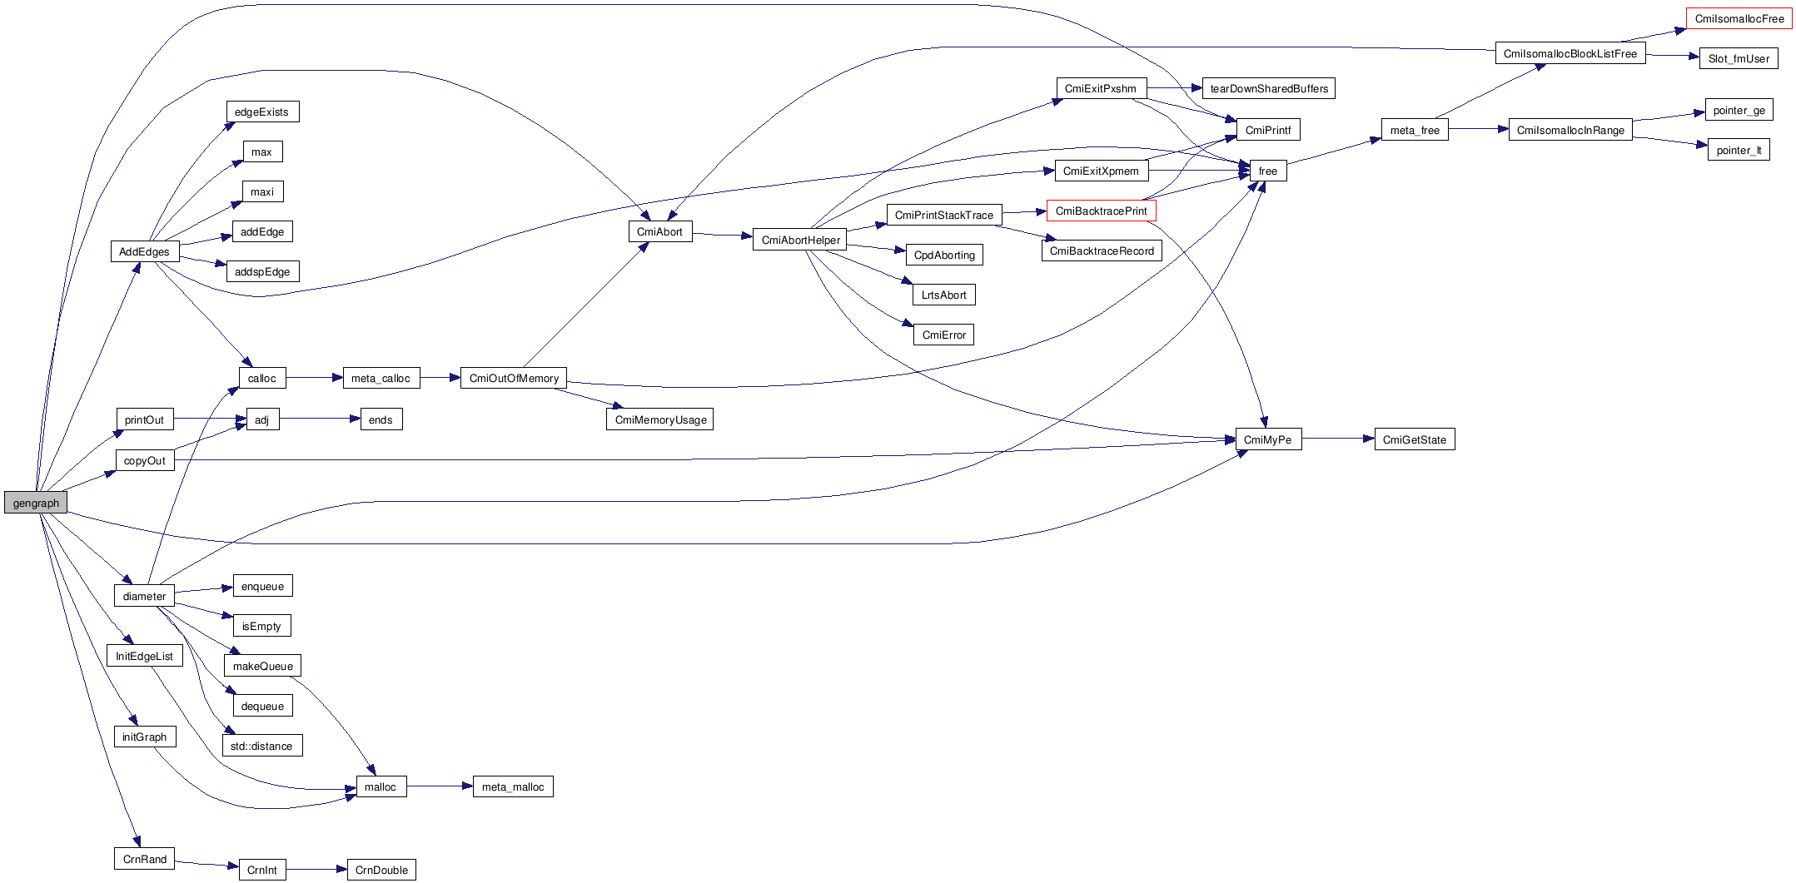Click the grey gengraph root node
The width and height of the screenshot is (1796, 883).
coord(36,503)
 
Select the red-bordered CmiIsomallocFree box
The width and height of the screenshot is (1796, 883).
coord(1739,18)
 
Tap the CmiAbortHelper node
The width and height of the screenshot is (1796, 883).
coord(800,240)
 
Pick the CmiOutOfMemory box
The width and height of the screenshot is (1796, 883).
coord(514,378)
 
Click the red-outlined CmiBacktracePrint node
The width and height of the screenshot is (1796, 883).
coord(1101,211)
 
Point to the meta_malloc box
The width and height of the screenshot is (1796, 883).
coord(512,786)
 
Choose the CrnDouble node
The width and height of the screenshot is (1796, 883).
coord(381,870)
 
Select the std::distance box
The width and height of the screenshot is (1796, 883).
coord(261,746)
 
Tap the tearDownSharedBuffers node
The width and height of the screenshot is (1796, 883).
coord(1268,88)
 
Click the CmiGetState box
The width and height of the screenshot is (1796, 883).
coord(1414,439)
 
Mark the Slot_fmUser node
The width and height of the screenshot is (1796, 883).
coord(1739,58)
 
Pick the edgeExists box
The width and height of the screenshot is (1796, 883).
coord(261,112)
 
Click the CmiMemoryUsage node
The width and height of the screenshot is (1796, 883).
coord(659,419)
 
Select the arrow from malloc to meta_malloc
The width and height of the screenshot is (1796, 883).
coord(440,786)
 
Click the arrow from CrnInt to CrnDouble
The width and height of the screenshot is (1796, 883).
coord(316,870)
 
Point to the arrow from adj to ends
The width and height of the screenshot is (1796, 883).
coord(319,419)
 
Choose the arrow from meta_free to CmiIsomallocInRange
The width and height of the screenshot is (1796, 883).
coord(1479,129)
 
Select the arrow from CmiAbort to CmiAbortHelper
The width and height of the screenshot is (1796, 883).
coord(722,235)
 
